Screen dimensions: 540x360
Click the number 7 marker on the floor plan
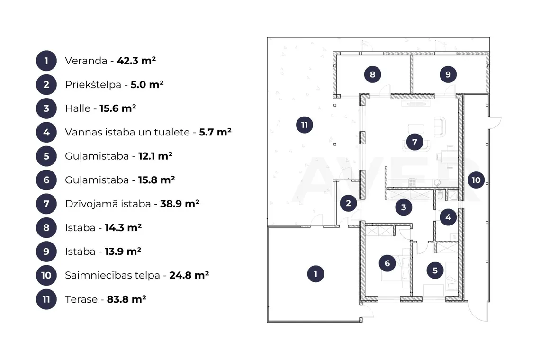click(x=414, y=142)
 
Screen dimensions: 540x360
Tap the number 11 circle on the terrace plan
click(x=305, y=125)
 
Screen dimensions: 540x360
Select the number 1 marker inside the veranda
click(x=315, y=274)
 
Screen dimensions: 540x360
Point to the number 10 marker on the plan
click(x=476, y=180)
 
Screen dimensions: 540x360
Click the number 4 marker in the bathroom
click(x=448, y=217)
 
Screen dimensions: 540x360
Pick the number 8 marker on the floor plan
click(x=373, y=74)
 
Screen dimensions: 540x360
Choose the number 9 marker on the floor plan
click(x=448, y=74)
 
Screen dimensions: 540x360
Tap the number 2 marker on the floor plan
click(x=348, y=203)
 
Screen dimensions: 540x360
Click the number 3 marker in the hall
click(x=404, y=207)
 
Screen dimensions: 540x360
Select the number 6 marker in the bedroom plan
click(x=387, y=263)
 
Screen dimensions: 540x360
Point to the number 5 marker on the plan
click(x=435, y=270)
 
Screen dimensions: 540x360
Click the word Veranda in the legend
click(x=86, y=61)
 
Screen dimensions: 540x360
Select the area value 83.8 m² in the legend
click(x=126, y=299)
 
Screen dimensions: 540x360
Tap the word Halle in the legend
click(x=78, y=108)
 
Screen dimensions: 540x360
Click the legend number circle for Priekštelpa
click(x=46, y=84)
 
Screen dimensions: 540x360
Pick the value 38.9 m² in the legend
click(x=180, y=204)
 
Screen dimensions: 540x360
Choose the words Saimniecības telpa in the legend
click(x=113, y=275)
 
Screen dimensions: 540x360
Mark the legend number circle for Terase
click(x=46, y=299)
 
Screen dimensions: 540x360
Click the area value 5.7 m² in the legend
click(x=215, y=132)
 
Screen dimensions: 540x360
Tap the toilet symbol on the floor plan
click(x=440, y=195)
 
